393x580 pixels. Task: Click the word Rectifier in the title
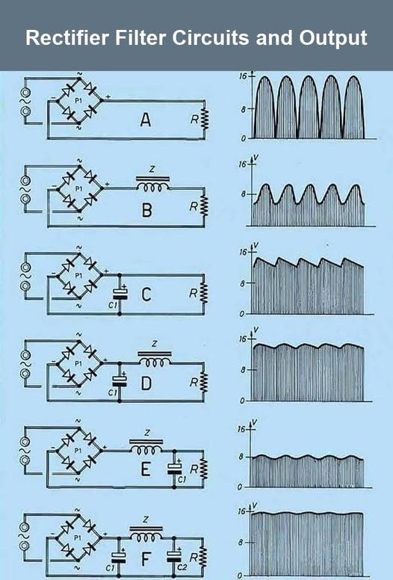[x=67, y=37]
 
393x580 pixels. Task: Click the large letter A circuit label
[x=146, y=120]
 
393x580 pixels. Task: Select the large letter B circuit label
[x=147, y=210]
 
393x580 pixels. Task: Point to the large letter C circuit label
[x=146, y=294]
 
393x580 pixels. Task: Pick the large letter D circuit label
[x=146, y=383]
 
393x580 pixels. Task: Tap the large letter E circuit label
[x=146, y=470]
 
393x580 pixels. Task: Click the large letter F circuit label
[x=146, y=560]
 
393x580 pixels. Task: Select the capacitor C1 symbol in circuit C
[x=120, y=294]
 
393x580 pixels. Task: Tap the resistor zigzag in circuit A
[x=204, y=120]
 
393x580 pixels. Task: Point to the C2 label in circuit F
[x=182, y=567]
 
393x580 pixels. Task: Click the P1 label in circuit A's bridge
[x=78, y=101]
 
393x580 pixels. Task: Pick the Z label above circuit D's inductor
[x=154, y=344]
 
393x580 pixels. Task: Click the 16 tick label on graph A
[x=243, y=76]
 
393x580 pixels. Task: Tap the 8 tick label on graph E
[x=241, y=457]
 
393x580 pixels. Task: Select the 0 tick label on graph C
[x=242, y=315]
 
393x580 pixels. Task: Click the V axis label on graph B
[x=256, y=158]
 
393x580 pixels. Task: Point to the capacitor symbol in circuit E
[x=174, y=469]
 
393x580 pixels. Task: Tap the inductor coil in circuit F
[x=146, y=533]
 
